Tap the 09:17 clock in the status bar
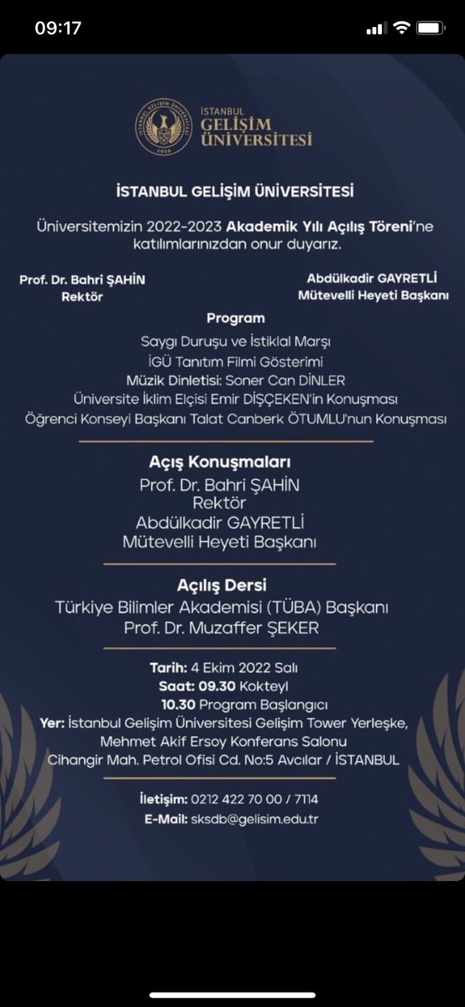pyautogui.click(x=58, y=28)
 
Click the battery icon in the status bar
pyautogui.click(x=431, y=28)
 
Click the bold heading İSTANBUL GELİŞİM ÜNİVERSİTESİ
pyautogui.click(x=234, y=191)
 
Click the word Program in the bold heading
pyautogui.click(x=235, y=318)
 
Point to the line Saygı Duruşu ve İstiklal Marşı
pyautogui.click(x=236, y=342)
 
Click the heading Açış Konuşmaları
pyautogui.click(x=232, y=462)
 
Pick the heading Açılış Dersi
pyautogui.click(x=233, y=585)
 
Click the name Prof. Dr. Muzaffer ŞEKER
pyautogui.click(x=232, y=628)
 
